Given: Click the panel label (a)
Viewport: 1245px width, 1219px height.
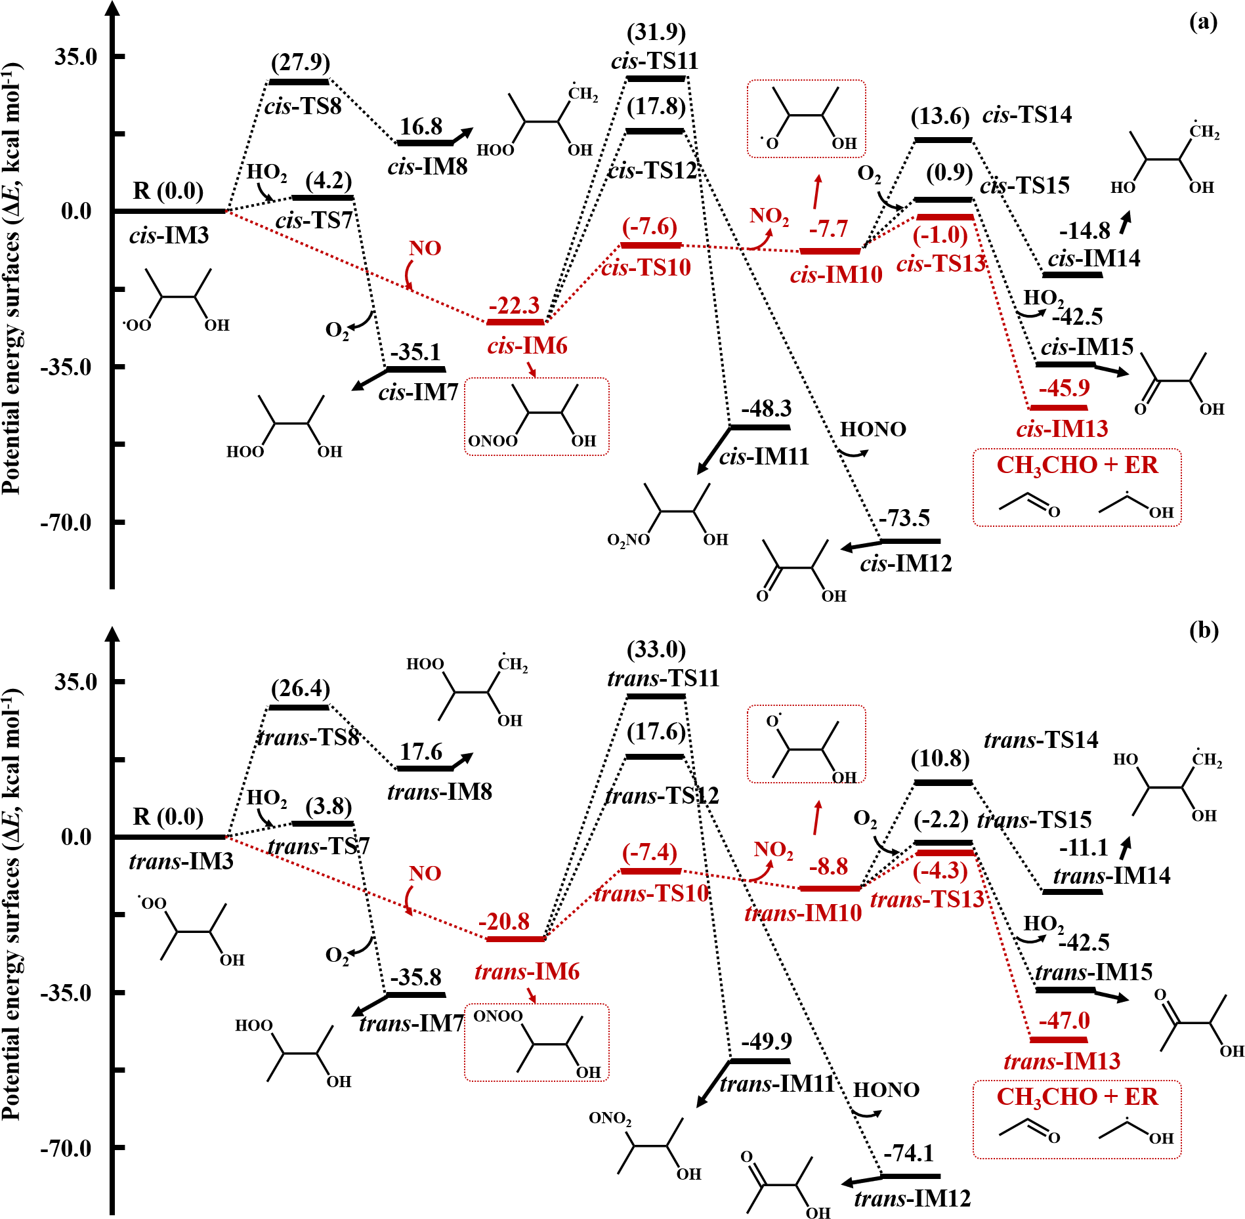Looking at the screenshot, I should tap(1203, 23).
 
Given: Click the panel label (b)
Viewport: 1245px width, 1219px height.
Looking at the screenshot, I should tap(1203, 630).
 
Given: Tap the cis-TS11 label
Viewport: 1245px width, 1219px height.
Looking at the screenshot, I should tap(654, 61).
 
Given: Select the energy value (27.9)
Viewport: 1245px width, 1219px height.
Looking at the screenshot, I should tap(301, 62).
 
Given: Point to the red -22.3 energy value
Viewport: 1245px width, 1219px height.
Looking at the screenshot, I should tap(514, 306).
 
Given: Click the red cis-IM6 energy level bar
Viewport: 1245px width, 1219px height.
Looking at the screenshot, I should tap(515, 322).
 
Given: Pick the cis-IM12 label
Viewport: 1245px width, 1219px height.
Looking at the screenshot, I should tap(906, 564).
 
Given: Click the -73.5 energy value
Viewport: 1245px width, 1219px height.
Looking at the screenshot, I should tap(904, 518).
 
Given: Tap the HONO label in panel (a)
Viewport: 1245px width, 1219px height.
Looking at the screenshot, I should tap(873, 430).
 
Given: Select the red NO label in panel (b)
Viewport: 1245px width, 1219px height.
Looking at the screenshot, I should tap(425, 874).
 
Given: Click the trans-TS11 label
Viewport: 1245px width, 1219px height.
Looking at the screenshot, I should tap(663, 678).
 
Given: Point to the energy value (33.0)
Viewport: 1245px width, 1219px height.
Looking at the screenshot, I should tap(656, 650).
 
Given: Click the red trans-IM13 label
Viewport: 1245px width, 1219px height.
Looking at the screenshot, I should tap(1062, 1062).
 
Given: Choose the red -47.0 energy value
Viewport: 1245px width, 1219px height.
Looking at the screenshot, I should tap(1064, 1021).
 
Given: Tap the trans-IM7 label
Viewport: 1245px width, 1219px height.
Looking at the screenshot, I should tap(411, 1023).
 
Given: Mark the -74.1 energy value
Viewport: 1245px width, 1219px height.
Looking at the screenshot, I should tap(908, 1153).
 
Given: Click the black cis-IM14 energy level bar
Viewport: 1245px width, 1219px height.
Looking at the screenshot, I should tap(1073, 274).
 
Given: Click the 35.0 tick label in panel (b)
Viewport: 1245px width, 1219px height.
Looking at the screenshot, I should tap(75, 682).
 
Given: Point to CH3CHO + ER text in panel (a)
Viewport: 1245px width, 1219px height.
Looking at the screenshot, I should tap(1077, 465).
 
